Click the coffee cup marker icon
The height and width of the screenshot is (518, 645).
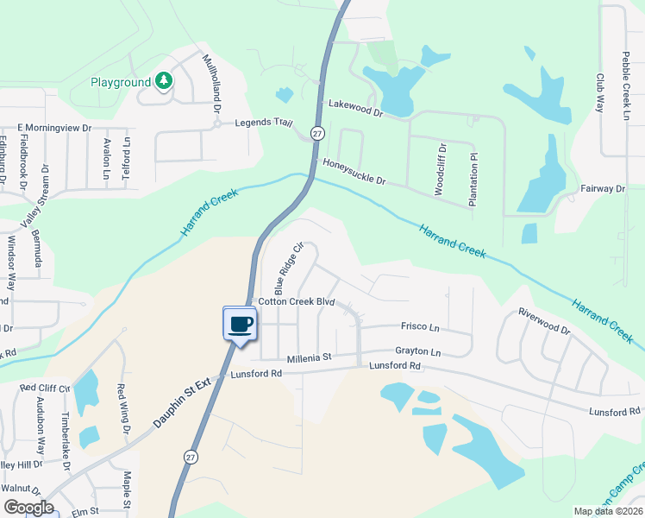(x=241, y=325)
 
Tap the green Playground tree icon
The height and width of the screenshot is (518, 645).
(x=163, y=82)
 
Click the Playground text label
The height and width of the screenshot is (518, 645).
(x=121, y=83)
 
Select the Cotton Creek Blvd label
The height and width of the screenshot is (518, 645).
(x=296, y=301)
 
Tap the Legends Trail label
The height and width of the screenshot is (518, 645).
(x=259, y=123)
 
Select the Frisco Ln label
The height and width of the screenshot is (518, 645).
(x=420, y=327)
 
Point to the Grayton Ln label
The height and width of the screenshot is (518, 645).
(x=417, y=352)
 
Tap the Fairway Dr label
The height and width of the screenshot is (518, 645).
(x=602, y=188)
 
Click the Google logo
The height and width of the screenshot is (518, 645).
(x=28, y=507)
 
